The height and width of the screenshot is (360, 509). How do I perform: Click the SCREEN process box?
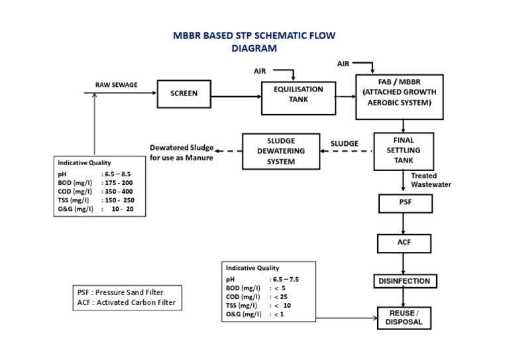(x=184, y=94)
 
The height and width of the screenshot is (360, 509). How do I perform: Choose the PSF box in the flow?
(x=404, y=202)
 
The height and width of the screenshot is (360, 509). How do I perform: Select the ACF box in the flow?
(x=404, y=242)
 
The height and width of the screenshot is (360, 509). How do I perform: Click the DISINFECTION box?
(x=404, y=281)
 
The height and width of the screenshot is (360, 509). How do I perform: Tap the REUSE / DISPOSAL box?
(x=404, y=318)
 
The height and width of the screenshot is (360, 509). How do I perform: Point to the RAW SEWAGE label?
(x=117, y=85)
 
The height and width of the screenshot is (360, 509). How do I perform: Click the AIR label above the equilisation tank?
(x=261, y=70)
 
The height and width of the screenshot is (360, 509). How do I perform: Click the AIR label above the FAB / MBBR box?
(x=343, y=64)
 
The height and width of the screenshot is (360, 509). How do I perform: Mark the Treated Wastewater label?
(x=431, y=180)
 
